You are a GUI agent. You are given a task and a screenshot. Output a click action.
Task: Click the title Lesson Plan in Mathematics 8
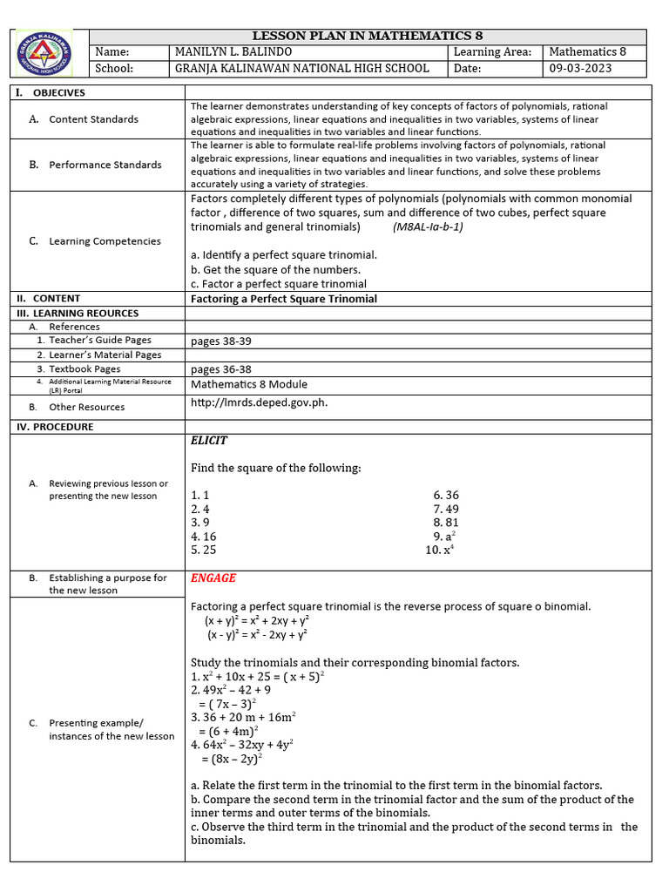click(x=367, y=36)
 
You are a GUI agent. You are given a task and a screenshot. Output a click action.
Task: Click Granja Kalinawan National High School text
click(x=302, y=68)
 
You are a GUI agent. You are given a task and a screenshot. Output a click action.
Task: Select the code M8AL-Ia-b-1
click(x=428, y=226)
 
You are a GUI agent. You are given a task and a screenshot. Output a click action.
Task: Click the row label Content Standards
click(x=93, y=119)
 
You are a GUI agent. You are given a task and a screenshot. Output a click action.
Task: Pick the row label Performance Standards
click(x=105, y=165)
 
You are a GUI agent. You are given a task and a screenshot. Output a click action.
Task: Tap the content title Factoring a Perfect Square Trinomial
click(x=284, y=299)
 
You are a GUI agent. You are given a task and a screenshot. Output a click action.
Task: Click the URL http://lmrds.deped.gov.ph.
click(x=259, y=402)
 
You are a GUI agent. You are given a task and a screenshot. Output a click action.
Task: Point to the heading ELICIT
click(x=209, y=441)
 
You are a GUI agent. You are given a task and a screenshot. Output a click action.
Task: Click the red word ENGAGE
click(x=213, y=578)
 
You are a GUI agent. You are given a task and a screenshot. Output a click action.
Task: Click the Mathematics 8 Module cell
click(x=249, y=384)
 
